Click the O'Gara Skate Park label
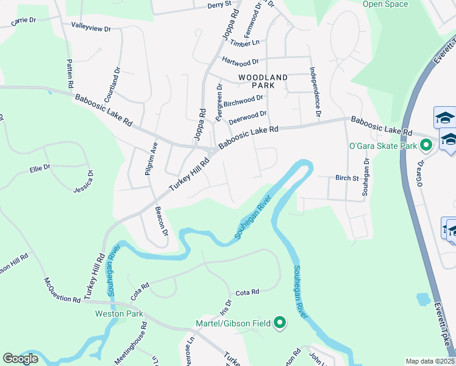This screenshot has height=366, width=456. [x=382, y=145]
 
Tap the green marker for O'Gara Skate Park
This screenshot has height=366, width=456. [x=427, y=145]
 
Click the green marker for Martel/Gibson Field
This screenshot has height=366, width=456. [x=280, y=323]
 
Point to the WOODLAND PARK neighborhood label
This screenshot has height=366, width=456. [x=263, y=81]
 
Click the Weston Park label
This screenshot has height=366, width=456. [x=119, y=314]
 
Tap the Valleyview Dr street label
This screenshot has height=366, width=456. [x=91, y=28]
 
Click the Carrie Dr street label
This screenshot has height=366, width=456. [x=24, y=21]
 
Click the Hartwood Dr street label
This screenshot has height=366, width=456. [x=241, y=62]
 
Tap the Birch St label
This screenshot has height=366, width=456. [x=346, y=178]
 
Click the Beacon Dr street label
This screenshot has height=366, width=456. [x=161, y=221]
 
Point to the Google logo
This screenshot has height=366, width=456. [x=21, y=359]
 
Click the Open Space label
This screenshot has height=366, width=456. [x=385, y=4]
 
